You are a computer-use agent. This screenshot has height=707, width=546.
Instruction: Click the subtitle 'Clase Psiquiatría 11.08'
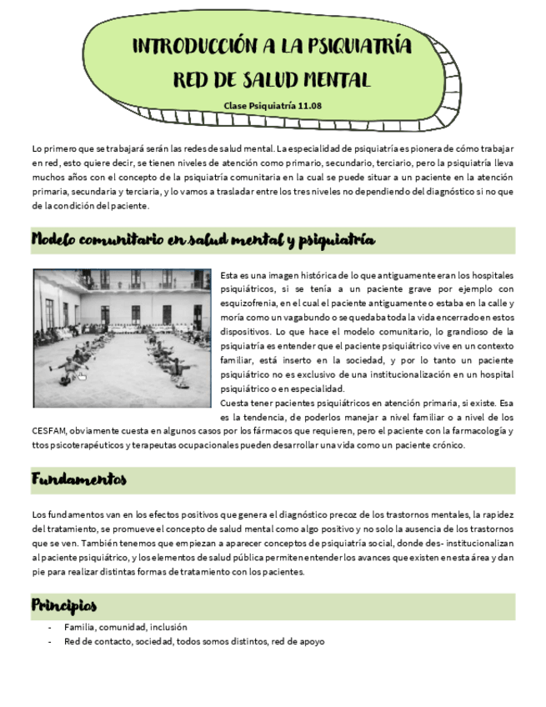273,106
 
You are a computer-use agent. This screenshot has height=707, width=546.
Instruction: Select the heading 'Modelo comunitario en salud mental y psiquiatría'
203,240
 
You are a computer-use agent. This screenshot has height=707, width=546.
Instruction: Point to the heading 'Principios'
64,604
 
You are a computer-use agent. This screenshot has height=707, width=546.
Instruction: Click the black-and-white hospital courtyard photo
122,336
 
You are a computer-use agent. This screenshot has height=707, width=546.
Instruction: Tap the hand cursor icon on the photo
81,376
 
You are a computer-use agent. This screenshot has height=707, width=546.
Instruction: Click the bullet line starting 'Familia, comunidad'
126,627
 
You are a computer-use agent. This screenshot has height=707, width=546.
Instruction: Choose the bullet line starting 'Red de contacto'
194,641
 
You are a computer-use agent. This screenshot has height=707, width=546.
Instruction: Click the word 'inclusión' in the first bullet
170,627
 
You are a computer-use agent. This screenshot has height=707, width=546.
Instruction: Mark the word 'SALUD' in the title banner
256,80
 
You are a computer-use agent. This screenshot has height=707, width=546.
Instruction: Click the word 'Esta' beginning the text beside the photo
232,274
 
